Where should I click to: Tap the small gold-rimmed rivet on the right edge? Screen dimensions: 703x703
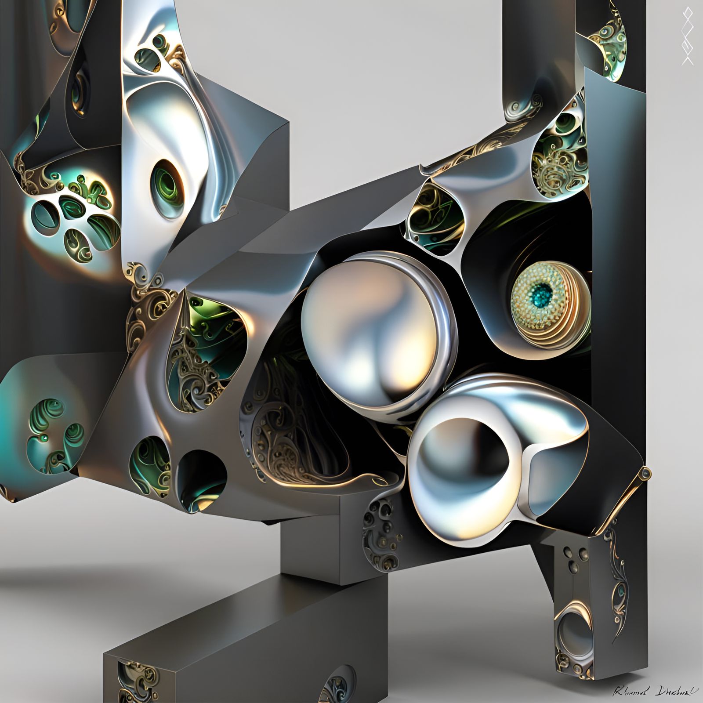tap(645, 473)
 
